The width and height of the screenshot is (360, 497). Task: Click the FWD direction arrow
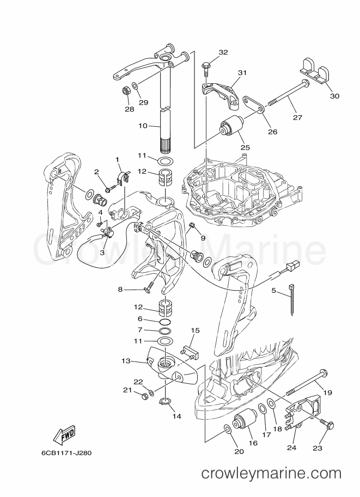click(64, 434)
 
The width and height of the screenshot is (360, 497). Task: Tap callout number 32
click(223, 52)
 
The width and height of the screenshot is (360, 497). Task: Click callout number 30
click(334, 96)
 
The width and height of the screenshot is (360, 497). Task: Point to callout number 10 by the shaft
click(143, 126)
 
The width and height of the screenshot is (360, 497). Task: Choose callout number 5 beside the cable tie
click(274, 290)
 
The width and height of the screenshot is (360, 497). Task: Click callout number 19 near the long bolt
click(328, 392)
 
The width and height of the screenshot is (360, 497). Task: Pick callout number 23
click(318, 448)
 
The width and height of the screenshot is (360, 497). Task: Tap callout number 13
click(125, 360)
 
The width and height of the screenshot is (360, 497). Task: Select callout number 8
click(120, 289)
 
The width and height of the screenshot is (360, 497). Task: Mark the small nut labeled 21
click(144, 396)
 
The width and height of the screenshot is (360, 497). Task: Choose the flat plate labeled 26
click(253, 106)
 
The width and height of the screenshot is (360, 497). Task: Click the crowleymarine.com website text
click(271, 474)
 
